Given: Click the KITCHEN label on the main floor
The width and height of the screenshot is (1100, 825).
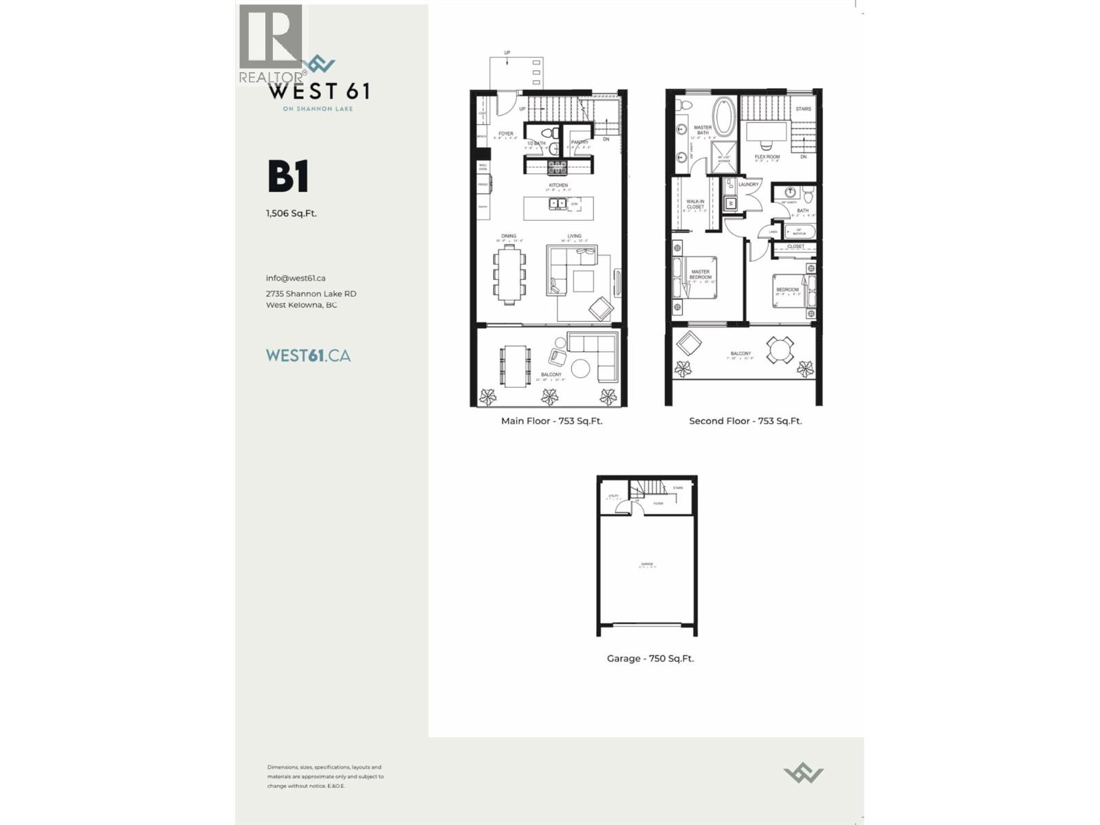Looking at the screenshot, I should tap(558, 186).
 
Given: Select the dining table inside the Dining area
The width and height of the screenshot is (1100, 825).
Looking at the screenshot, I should tap(509, 274).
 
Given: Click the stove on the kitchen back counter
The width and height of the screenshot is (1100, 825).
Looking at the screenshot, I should tap(558, 166).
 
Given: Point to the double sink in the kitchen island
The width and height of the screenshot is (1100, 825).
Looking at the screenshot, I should tap(554, 203).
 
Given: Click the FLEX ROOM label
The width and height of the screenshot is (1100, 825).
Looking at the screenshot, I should tap(767, 157).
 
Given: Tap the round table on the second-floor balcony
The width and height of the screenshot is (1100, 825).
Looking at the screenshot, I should tap(780, 350).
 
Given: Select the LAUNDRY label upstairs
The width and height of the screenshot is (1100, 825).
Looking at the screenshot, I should tap(749, 184).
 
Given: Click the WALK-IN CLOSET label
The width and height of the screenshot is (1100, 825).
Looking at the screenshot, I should tap(695, 204).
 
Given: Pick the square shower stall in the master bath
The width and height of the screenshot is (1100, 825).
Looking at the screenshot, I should tap(724, 158).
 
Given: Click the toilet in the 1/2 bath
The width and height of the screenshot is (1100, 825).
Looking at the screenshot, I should tap(553, 148).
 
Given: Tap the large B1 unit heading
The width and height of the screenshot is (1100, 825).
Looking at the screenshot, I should tap(288, 177).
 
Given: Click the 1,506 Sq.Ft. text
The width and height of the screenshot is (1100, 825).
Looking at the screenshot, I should tap(291, 213).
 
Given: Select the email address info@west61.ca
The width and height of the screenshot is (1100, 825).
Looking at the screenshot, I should tap(296, 278).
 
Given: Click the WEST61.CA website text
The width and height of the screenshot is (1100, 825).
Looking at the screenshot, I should tap(308, 355).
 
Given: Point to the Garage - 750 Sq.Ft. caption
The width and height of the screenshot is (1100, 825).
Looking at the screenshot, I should tap(650, 659).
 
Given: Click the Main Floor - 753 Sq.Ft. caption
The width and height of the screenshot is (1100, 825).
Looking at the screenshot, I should tap(551, 421).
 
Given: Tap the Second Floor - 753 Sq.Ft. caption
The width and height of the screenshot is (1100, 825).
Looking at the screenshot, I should tap(745, 421).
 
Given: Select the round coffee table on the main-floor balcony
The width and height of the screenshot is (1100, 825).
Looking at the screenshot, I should tap(580, 368).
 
